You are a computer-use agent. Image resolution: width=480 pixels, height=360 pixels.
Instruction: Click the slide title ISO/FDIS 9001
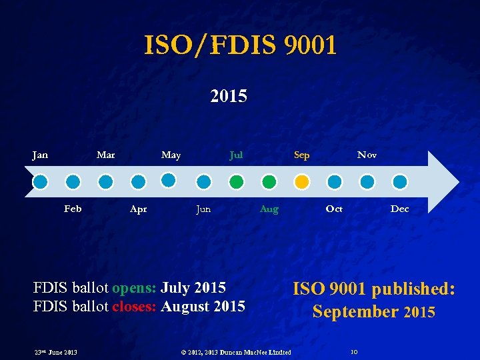coord(240,46)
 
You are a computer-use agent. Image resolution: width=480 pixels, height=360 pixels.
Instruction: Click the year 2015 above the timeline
coord(229,97)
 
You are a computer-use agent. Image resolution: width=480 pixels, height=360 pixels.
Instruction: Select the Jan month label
coord(40,155)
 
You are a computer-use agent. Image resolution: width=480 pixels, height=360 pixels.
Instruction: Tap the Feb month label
coord(73,209)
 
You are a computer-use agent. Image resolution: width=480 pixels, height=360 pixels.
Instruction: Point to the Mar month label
coord(105,155)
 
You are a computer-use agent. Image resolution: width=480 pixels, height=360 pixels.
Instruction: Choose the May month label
coord(171,155)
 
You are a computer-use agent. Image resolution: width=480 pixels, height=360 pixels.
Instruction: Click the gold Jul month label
coord(236,155)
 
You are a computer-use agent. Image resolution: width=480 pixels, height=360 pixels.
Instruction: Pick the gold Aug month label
coord(269,209)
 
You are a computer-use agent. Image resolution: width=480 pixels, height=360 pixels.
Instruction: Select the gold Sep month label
coord(301,155)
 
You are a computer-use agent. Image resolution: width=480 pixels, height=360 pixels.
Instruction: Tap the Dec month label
coord(399,209)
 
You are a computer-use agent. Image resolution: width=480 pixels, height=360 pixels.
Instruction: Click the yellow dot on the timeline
coord(301,181)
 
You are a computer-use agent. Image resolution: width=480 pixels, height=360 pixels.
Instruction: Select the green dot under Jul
coord(236,181)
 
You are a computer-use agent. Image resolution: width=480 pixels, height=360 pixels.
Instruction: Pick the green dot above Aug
coord(269,181)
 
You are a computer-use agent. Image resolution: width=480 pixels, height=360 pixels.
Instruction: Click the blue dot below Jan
coord(40,181)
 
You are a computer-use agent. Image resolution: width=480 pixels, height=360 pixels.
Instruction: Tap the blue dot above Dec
coord(399,181)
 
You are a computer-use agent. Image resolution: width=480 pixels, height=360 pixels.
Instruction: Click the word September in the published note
coord(355,311)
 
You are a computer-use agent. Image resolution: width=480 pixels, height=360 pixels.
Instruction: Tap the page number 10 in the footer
coord(354,352)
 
